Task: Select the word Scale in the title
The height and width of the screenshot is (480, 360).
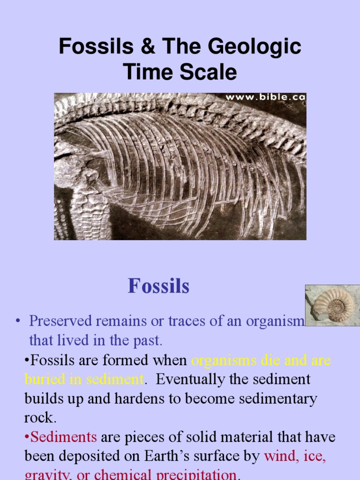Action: pos(210,73)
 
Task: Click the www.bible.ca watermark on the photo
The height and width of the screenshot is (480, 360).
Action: pos(265,97)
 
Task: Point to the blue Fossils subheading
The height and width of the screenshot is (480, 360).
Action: pos(158,286)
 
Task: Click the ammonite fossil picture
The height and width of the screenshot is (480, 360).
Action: pos(332,305)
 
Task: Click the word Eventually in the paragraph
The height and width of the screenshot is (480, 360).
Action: pos(188,379)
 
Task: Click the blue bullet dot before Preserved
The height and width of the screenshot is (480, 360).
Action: pos(18,322)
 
